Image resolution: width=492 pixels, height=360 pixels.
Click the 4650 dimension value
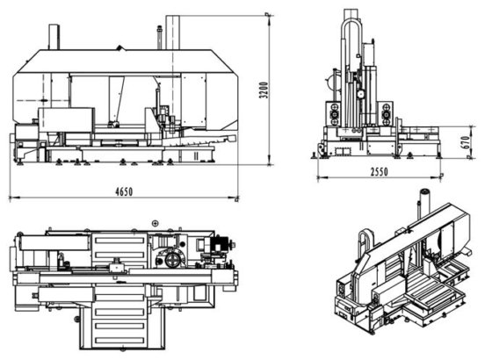pos(124,191)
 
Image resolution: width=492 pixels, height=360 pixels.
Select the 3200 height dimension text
pos(264,90)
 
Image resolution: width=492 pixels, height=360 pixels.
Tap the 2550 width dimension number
pos(379,172)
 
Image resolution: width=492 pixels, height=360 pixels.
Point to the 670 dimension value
pos(466,142)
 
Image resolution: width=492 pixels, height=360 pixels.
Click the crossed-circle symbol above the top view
pos(155,223)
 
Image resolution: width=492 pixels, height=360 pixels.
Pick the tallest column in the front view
pos(172,32)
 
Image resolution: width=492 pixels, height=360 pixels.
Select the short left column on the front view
pos(54,37)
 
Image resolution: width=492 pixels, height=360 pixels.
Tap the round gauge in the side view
pos(360,93)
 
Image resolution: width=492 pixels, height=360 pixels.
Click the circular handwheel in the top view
pos(172,260)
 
